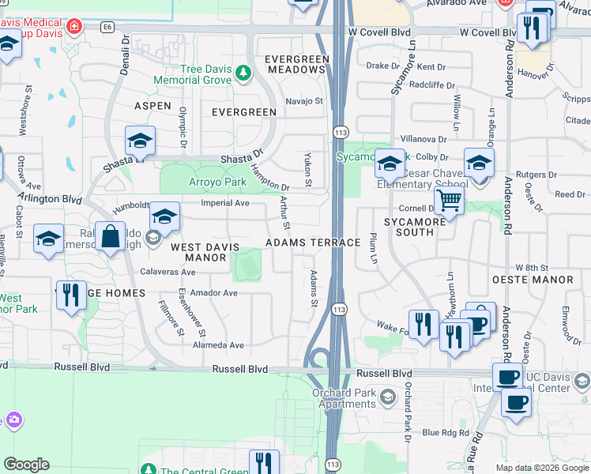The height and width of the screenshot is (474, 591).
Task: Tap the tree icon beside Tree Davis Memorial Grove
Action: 243,73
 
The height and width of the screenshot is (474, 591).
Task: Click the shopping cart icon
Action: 449,201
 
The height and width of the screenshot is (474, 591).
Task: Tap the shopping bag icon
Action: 111,236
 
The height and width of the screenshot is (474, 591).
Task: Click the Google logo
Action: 26,465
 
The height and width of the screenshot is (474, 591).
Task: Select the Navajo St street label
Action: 305,101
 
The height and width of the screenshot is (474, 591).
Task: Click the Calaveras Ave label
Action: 168,272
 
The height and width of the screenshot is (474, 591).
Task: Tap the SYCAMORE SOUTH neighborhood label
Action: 414,228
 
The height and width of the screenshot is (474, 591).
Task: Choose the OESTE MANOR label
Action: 543,280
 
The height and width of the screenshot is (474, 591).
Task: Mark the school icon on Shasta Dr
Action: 140,141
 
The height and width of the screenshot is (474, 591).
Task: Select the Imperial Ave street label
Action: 225,203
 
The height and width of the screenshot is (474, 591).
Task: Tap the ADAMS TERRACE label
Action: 313,243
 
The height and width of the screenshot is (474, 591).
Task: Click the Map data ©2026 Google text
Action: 541,468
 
